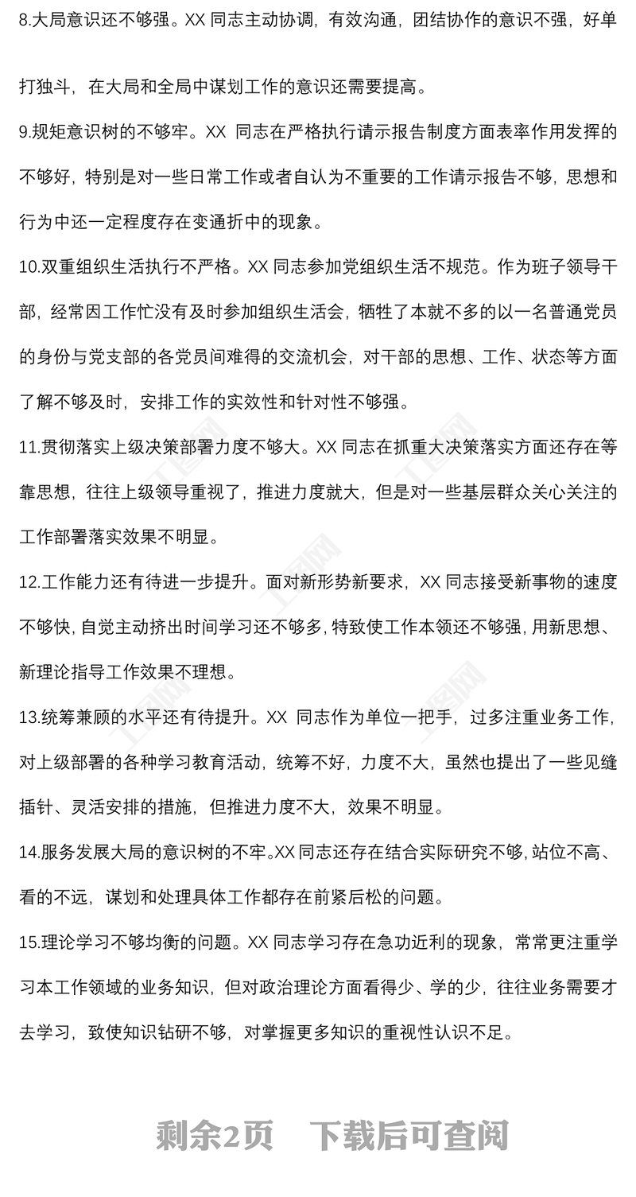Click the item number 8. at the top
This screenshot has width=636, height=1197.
[x=25, y=20]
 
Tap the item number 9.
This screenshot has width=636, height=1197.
[x=25, y=132]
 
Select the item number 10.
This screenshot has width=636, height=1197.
[x=29, y=267]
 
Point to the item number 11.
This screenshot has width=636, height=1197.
[x=29, y=447]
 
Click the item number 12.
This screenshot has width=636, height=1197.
[x=29, y=582]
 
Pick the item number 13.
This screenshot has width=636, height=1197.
[x=29, y=717]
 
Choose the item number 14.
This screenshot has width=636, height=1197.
[x=29, y=853]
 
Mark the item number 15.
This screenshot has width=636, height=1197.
[x=29, y=942]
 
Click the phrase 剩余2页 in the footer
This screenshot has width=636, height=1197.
[x=215, y=1136]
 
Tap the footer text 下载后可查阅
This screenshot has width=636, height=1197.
[x=409, y=1136]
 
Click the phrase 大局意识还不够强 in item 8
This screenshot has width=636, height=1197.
[x=100, y=20]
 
